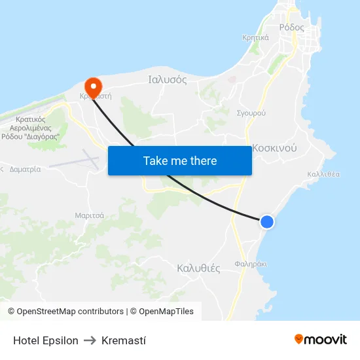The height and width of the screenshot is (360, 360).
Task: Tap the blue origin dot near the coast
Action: point(267,222)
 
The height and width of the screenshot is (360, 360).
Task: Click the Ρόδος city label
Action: point(291,27)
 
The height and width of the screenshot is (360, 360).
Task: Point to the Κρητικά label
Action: point(255,37)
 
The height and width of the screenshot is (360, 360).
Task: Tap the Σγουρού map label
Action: point(251,113)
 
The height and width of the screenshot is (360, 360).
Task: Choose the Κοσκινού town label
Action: point(275,148)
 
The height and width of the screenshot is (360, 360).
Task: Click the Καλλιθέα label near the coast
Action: point(323,174)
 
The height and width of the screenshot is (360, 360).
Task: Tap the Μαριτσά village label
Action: point(89,215)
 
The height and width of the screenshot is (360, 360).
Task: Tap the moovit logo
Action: point(321,339)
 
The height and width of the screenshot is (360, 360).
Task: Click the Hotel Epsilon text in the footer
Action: point(46,340)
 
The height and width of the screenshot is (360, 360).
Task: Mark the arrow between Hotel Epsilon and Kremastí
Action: point(90,340)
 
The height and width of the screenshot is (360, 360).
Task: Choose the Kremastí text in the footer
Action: point(124,340)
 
